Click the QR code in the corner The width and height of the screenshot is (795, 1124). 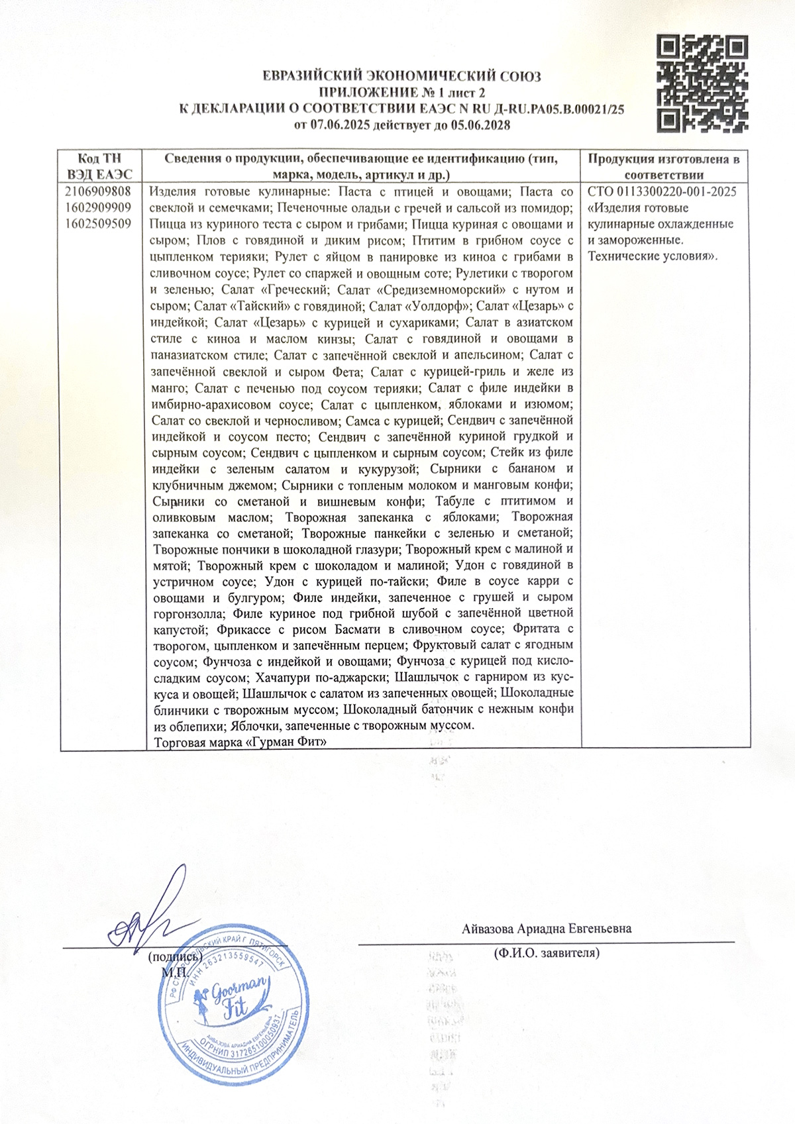pyautogui.click(x=703, y=83)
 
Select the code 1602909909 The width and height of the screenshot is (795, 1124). pyautogui.click(x=99, y=208)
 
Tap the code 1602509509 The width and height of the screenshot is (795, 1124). pyautogui.click(x=99, y=224)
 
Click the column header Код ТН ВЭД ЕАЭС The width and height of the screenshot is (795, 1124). pyautogui.click(x=100, y=166)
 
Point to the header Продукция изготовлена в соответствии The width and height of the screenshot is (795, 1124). pyautogui.click(x=664, y=166)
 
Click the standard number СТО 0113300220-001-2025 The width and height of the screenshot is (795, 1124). pyautogui.click(x=662, y=192)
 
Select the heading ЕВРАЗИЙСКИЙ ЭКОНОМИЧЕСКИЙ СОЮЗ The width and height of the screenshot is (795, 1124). pyautogui.click(x=402, y=76)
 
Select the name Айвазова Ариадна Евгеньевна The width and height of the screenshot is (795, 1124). pyautogui.click(x=547, y=928)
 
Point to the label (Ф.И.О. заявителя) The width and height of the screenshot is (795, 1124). pyautogui.click(x=547, y=953)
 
